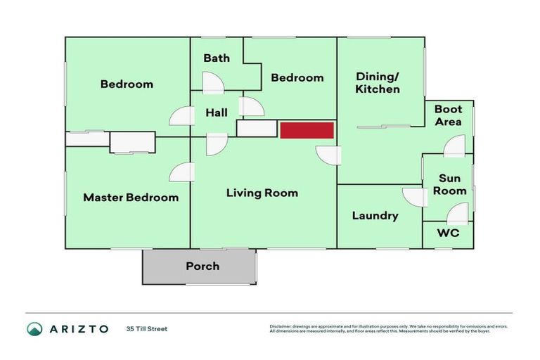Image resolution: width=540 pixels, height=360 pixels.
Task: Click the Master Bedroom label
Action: tap(131, 198)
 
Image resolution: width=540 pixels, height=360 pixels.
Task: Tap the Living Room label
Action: tap(262, 193)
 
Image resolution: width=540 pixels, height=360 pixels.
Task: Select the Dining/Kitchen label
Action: tap(378, 83)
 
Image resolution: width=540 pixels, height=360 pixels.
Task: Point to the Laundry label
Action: tap(375, 216)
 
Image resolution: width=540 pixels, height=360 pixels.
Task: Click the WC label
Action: tap(448, 233)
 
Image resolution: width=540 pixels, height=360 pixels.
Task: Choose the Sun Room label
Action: tap(449, 184)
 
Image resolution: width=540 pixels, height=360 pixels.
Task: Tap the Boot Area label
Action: tap(448, 115)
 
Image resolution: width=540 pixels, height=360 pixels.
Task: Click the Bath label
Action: tap(217, 58)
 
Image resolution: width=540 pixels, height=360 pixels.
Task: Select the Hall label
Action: tap(217, 112)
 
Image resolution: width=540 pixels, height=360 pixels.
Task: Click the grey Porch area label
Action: tap(202, 266)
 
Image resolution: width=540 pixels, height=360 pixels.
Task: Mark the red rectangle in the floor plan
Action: tap(307, 130)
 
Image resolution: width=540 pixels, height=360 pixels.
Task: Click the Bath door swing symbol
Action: tap(212, 83)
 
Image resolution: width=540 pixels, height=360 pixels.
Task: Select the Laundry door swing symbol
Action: tap(411, 197)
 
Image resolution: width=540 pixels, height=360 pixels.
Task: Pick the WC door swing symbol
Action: tap(457, 213)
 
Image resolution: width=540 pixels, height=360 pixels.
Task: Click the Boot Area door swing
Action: tap(454, 146)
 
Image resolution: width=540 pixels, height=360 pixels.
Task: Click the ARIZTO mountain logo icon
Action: tap(34, 329)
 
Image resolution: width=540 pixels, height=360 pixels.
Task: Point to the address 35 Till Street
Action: tap(147, 328)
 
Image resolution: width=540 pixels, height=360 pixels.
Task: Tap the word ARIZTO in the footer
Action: tap(79, 329)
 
